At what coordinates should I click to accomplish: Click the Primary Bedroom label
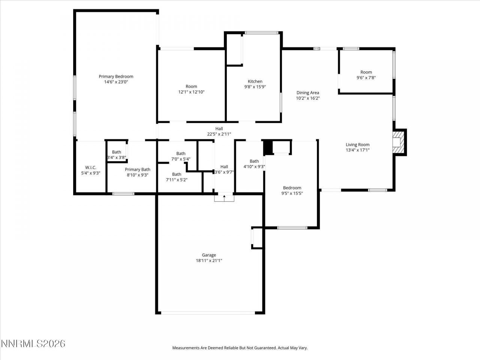116,76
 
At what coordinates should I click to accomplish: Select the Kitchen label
255,81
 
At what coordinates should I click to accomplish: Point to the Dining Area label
307,93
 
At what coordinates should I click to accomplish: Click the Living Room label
357,145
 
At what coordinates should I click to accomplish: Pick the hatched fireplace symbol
400,142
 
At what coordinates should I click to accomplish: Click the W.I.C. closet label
91,167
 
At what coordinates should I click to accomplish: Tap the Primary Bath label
138,169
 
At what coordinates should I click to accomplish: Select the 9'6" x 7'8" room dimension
366,78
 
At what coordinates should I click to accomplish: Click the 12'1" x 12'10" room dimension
191,92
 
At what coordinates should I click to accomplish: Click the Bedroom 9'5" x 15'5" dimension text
292,193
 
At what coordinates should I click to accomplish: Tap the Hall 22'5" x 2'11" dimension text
219,134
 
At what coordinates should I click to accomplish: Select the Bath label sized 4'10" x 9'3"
254,161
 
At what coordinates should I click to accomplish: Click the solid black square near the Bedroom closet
268,147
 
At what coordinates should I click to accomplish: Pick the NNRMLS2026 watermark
33,343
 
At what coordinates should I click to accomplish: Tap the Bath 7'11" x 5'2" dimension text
177,180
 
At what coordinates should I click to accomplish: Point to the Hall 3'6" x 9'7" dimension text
224,172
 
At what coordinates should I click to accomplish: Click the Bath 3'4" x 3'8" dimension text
117,157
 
